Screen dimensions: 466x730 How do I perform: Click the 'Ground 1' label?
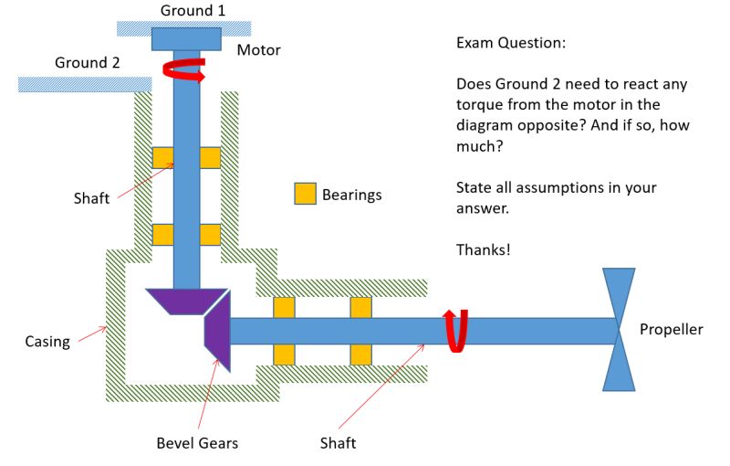point(193,10)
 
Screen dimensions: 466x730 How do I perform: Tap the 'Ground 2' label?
point(87,63)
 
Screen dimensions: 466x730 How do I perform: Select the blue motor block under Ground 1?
point(186,39)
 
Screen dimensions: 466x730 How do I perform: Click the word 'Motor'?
point(258,50)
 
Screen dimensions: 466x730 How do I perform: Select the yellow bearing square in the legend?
point(305,194)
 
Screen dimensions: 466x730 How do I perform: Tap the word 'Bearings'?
point(351,195)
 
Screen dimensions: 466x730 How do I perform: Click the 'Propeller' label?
point(671,330)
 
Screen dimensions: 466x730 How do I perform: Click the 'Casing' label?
point(47,342)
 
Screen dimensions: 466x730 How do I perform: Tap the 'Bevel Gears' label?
point(196,443)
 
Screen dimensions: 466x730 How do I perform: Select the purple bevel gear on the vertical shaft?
point(186,300)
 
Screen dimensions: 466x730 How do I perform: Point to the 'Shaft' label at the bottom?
point(338,443)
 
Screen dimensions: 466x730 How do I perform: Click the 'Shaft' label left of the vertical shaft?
point(91,198)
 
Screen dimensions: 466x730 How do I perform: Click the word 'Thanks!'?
point(483,249)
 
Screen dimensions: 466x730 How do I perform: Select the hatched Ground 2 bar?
point(84,84)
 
